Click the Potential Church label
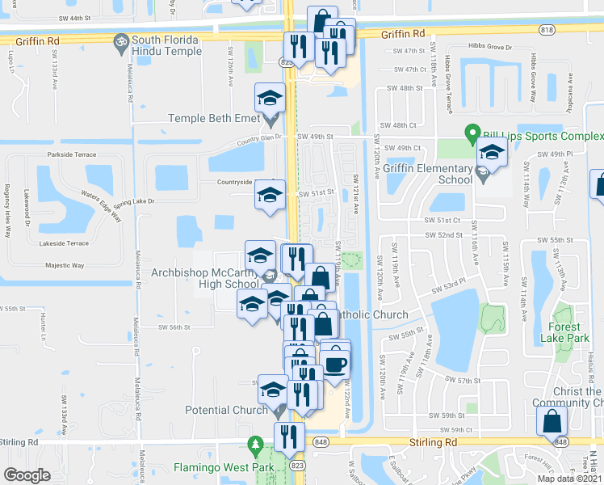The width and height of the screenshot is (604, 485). pos(216,410)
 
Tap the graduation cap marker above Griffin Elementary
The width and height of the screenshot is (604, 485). pos(491,150)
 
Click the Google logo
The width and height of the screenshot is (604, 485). pos(27,475)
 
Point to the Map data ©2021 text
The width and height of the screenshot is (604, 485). pos(569,479)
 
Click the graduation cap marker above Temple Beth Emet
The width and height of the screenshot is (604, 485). pos(270,98)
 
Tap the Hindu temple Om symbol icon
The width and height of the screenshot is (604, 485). pos(120,40)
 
